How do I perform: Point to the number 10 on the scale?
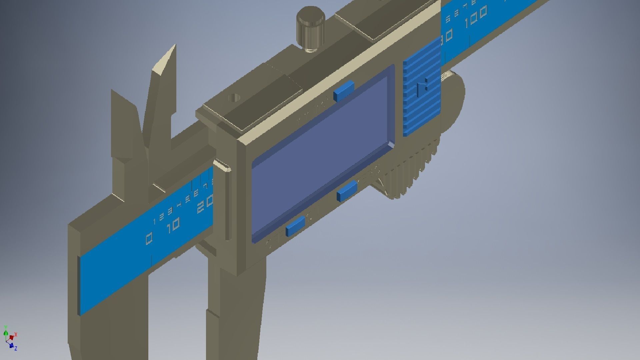tap(173, 226)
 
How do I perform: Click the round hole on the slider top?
tap(234, 98)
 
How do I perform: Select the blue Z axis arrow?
tap(11, 346)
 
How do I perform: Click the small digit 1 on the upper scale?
tap(154, 221)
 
